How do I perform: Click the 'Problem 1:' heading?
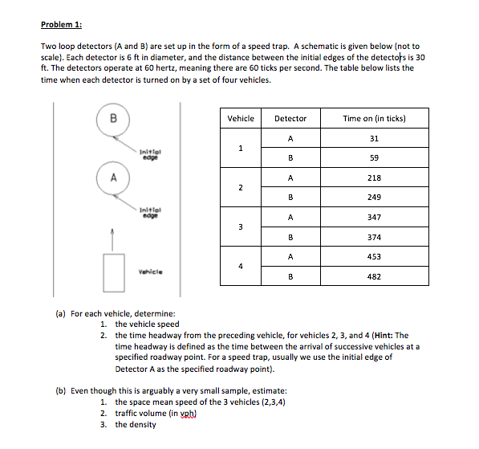(62, 24)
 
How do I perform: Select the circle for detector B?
(113, 103)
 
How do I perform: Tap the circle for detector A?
(113, 161)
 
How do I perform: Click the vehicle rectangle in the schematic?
(104, 273)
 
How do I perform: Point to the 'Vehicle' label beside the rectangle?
(151, 272)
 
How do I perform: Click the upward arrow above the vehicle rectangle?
(112, 240)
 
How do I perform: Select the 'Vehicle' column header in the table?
(241, 118)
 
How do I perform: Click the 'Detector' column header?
(290, 118)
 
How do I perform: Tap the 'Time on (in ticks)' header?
(374, 118)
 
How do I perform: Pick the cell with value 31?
(374, 138)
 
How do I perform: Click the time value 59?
(374, 157)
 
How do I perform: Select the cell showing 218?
(374, 178)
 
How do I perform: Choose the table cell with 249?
(374, 198)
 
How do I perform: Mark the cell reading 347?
(374, 217)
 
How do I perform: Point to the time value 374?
(374, 237)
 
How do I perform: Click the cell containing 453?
(374, 256)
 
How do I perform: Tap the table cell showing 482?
(374, 276)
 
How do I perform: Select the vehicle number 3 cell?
(241, 227)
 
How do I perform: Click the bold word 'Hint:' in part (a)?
(384, 335)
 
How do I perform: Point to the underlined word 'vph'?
(187, 414)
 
